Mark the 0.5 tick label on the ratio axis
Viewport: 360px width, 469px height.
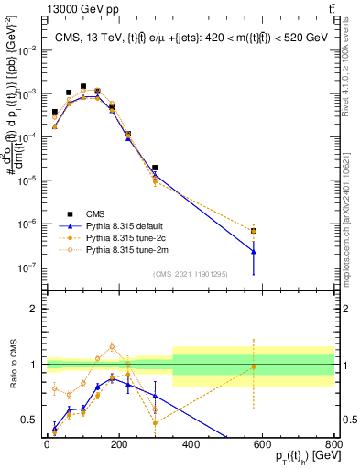[x=30, y=420]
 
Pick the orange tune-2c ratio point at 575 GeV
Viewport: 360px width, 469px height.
[x=254, y=367]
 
